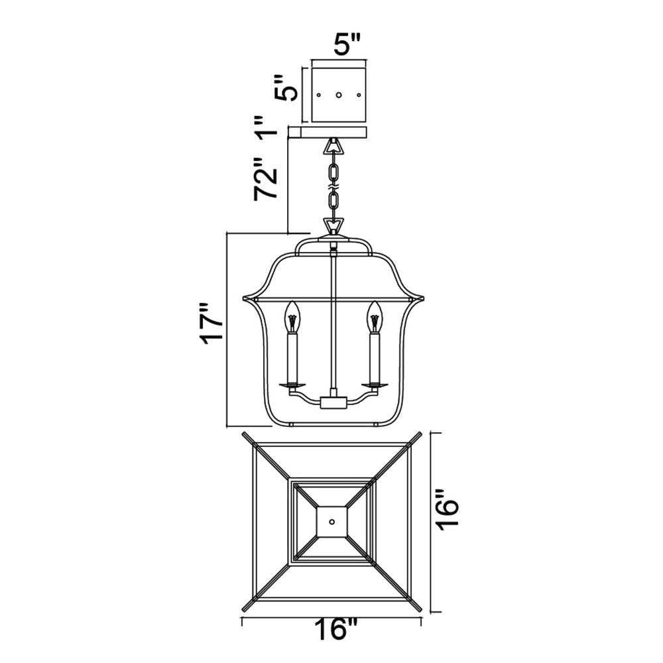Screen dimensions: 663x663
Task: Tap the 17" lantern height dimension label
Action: tap(211, 324)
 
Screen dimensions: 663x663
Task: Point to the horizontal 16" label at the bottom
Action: tap(337, 630)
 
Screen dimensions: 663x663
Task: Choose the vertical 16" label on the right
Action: tap(448, 510)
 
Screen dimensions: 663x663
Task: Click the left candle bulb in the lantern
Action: tap(291, 316)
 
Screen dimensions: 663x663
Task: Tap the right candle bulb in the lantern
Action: tap(375, 316)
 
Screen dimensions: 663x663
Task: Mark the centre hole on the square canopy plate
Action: tap(338, 95)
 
